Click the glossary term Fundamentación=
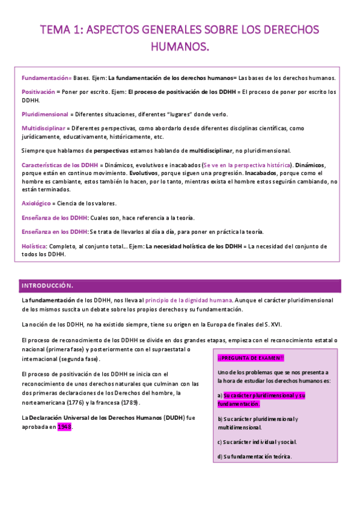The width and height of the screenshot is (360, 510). (46, 78)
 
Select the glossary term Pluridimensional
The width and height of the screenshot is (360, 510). (45, 114)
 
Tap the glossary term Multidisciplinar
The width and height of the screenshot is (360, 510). (43, 128)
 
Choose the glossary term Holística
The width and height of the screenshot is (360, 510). (34, 246)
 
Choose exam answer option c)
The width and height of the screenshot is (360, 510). (257, 442)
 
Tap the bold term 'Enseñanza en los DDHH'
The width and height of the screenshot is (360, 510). (54, 232)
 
